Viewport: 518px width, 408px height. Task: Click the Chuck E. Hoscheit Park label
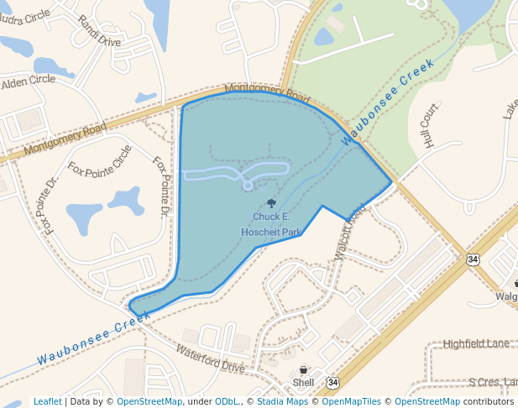[x=270, y=224]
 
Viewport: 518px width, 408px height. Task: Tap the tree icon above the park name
[x=271, y=203]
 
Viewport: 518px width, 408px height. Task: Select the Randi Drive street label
[x=99, y=29]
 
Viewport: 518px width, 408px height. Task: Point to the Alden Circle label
[x=28, y=82]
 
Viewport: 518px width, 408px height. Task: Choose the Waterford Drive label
[x=211, y=358]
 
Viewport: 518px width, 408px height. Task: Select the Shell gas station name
[x=303, y=383]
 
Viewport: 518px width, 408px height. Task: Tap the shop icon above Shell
[x=303, y=370]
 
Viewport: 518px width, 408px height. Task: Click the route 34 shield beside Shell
[x=333, y=383]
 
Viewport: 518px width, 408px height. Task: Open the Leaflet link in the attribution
[x=47, y=402]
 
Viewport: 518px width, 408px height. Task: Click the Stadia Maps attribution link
[x=282, y=402]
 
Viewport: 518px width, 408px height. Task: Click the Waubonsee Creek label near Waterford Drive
[x=92, y=338]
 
